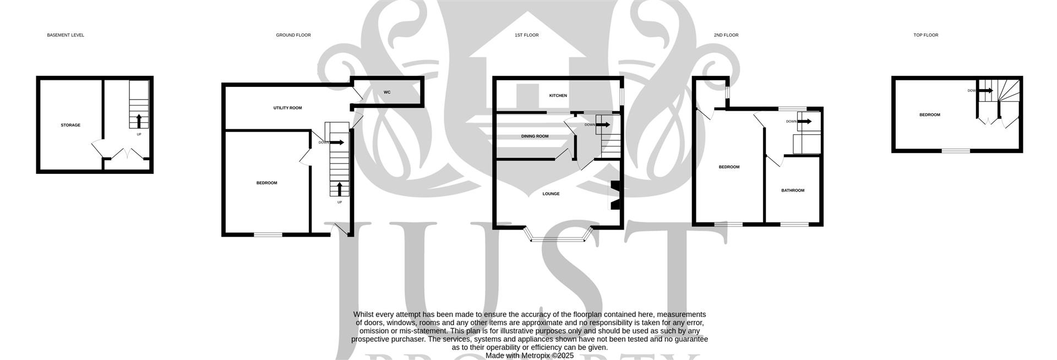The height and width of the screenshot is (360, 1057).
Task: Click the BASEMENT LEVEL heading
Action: point(66,35)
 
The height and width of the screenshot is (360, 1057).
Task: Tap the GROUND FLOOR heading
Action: point(293,35)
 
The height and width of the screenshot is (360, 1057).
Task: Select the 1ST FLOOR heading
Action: point(526,35)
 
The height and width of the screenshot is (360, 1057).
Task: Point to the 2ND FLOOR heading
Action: point(726,35)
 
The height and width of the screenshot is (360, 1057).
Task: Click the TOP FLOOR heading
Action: point(925,35)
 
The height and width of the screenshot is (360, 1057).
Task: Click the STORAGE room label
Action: point(70,126)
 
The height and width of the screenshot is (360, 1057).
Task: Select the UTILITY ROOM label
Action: point(287,108)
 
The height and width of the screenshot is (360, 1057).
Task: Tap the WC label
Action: point(387,92)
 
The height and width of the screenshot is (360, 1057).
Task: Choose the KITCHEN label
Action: point(558,96)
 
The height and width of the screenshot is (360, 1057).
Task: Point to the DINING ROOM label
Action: point(535,136)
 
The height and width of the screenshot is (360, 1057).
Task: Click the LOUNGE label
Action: point(551,194)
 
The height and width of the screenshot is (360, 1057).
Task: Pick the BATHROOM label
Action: point(793,190)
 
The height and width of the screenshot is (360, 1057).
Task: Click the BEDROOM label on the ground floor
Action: point(266,183)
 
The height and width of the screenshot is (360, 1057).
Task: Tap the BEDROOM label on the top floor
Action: point(930,115)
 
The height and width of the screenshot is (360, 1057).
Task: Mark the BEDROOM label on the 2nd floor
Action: point(729,167)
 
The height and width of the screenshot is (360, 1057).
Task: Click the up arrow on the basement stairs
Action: point(138,121)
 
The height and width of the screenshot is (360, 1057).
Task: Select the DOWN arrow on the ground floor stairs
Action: point(337,143)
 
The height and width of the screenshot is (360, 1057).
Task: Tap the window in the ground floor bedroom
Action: point(268,235)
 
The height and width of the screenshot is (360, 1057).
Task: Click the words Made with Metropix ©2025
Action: point(530,356)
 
